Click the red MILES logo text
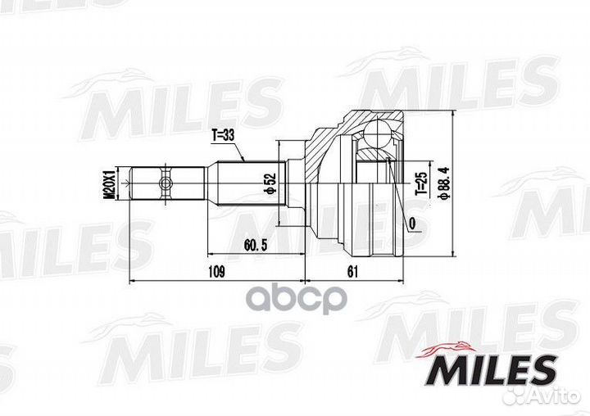[x=492, y=369]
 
